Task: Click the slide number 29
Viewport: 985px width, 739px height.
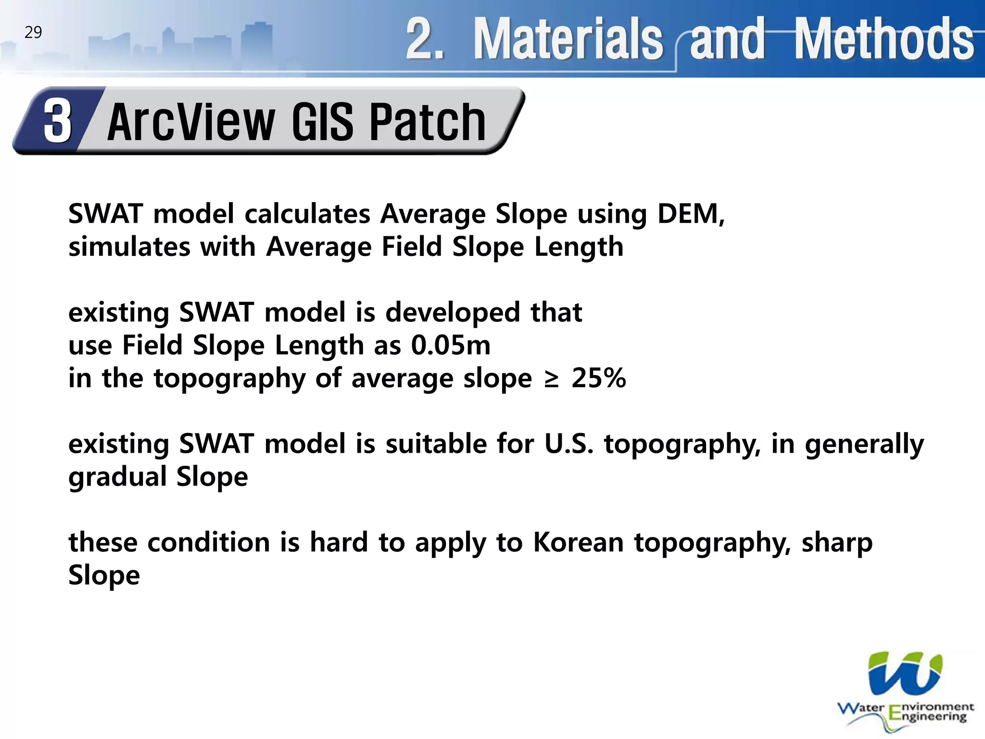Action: coord(33,32)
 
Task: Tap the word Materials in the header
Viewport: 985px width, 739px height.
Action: coord(568,38)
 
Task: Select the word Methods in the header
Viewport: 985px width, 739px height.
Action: coord(884,38)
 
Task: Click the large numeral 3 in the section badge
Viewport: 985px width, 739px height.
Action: coord(58,121)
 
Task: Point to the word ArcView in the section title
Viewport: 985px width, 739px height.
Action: coord(191,123)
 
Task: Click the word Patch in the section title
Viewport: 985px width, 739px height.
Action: coord(428,123)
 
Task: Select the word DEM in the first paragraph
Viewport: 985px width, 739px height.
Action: coord(690,214)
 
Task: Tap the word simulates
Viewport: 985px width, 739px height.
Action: coord(129,247)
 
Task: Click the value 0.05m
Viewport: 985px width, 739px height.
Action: coord(451,345)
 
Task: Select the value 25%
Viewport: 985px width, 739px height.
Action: coord(599,378)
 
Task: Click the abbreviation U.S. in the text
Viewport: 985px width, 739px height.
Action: coord(568,444)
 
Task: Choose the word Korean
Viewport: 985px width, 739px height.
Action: coord(579,543)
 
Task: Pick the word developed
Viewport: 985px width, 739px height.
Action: coord(453,313)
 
